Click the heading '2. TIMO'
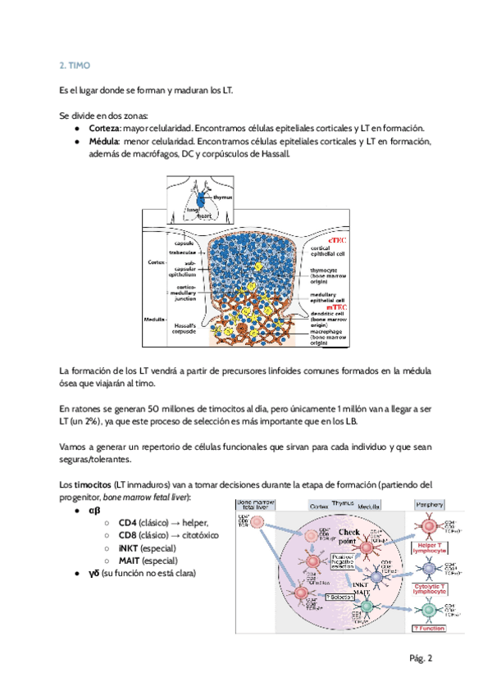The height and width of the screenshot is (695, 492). coord(75,66)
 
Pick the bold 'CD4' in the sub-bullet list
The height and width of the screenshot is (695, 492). coord(127,523)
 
